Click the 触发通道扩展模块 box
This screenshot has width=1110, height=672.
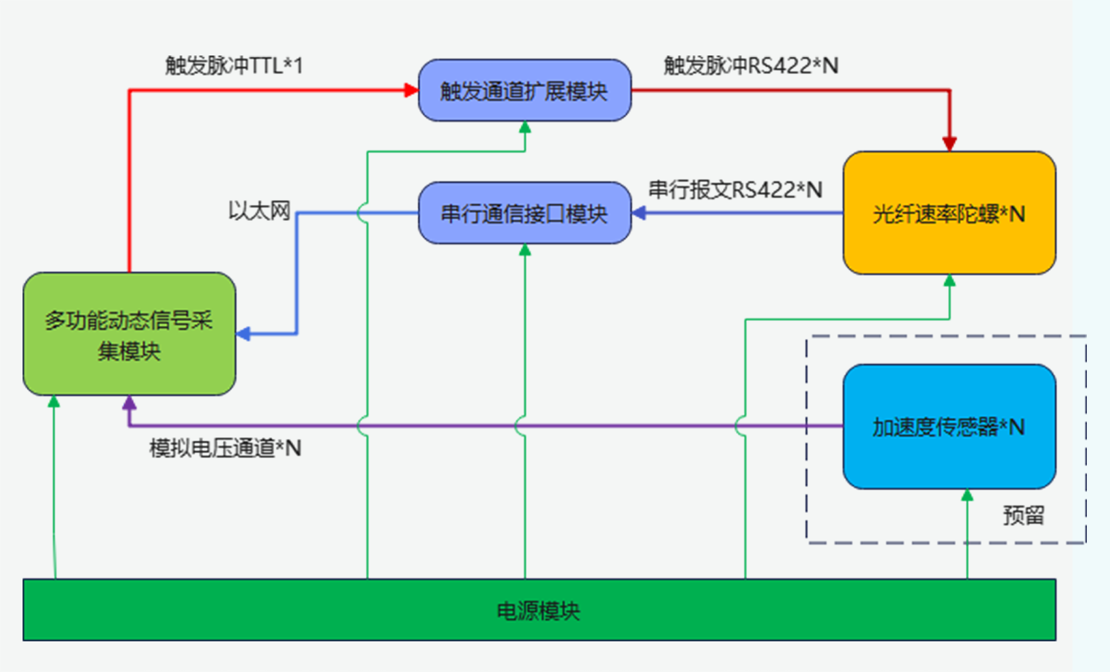pos(524,90)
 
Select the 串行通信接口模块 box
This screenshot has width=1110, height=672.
pos(524,213)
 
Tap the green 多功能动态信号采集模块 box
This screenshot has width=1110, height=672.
pos(129,334)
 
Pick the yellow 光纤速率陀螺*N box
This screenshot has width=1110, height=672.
pos(949,213)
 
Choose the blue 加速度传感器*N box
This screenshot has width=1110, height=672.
pos(949,426)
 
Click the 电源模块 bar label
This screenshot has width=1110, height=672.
pos(538,611)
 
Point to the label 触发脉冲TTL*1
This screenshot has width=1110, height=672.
pos(234,66)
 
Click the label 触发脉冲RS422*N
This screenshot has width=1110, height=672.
pos(750,66)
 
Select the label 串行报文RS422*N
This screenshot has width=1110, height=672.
pos(735,190)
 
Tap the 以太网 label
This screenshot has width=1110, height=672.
pos(259,211)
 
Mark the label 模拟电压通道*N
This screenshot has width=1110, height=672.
pos(225,448)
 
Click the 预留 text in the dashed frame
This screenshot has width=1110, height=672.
pos(1023,515)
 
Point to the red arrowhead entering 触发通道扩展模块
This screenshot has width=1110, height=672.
pos(412,90)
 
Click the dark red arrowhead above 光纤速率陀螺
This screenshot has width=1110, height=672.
pos(949,143)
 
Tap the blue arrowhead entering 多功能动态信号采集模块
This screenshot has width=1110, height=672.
pos(243,334)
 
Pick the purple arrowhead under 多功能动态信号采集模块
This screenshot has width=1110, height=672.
pos(129,403)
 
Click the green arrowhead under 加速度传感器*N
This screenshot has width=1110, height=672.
pos(967,495)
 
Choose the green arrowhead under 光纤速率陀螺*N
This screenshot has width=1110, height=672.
pos(949,281)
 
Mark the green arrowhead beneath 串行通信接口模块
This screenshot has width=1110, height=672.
pos(525,250)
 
